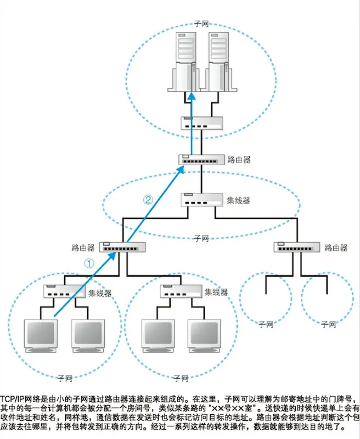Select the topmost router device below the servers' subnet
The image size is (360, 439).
200,160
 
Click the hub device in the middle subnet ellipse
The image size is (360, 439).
202,199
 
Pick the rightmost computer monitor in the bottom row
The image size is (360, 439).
205,336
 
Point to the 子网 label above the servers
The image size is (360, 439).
201,24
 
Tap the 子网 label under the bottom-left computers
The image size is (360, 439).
64,378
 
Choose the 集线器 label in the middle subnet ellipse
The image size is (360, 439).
239,200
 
